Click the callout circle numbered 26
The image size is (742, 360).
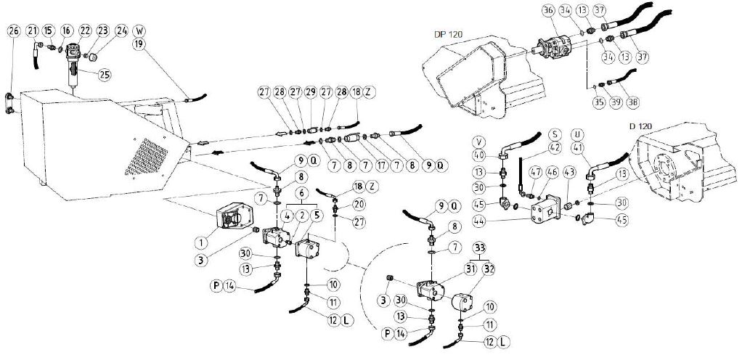14,31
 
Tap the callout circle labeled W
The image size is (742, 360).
139,32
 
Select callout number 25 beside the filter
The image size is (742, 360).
105,74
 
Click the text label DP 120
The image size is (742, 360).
448,34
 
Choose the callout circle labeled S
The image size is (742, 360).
555,134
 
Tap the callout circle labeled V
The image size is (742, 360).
480,142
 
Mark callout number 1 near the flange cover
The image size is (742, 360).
201,242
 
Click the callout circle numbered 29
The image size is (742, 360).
310,91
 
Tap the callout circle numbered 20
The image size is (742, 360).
359,204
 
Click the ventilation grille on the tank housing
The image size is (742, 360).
146,156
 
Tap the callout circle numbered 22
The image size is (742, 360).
85,31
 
